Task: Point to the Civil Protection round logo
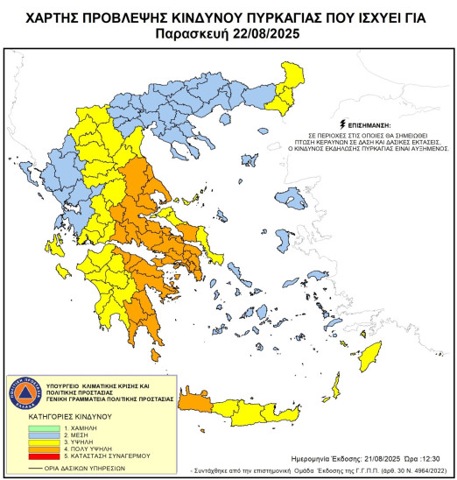[27, 395]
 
